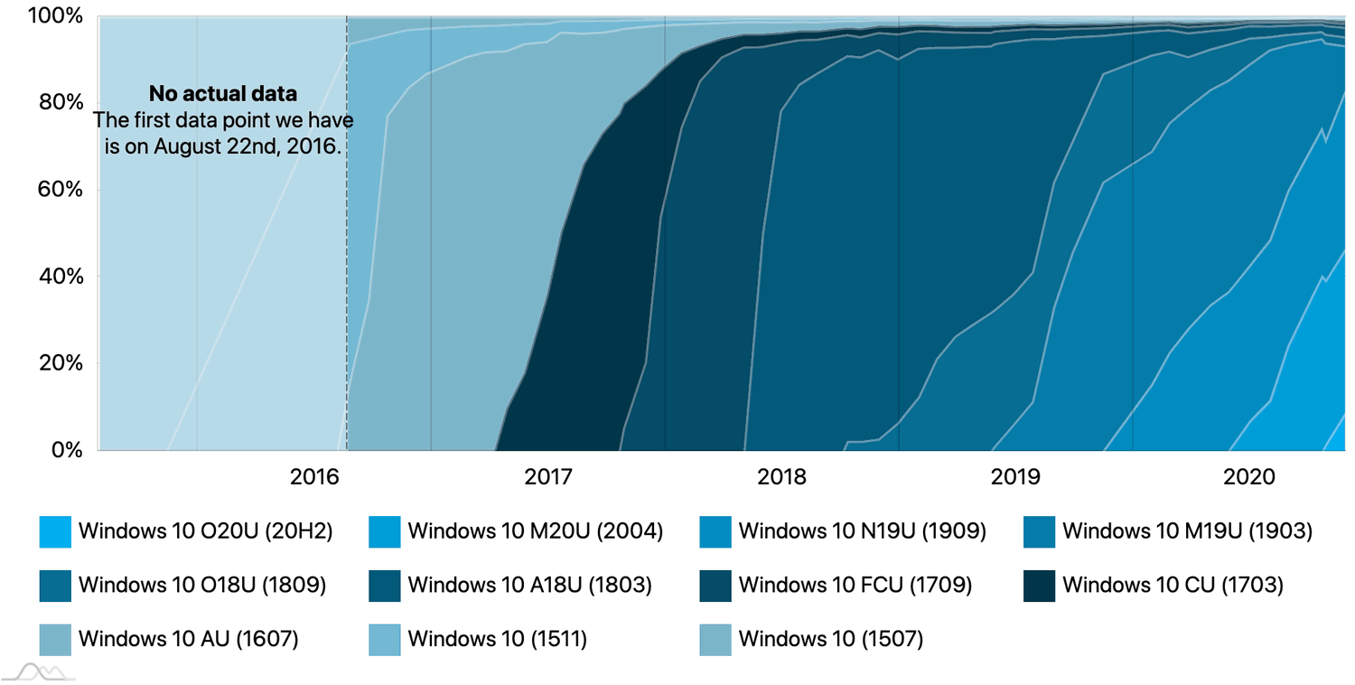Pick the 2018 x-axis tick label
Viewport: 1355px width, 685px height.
781,476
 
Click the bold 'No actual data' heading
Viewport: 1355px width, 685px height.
223,94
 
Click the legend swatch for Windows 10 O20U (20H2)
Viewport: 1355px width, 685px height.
55,531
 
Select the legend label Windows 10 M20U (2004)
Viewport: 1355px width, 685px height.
535,531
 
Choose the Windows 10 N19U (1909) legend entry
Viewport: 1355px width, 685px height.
862,531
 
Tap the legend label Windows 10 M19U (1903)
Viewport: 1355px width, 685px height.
1187,531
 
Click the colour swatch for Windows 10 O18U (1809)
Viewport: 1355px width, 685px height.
55,586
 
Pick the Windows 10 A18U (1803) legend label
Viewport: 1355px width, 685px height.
529,586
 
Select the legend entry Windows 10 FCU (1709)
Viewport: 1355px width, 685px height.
855,586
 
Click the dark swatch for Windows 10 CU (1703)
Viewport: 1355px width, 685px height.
1040,586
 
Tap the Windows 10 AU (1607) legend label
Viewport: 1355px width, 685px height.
188,640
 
